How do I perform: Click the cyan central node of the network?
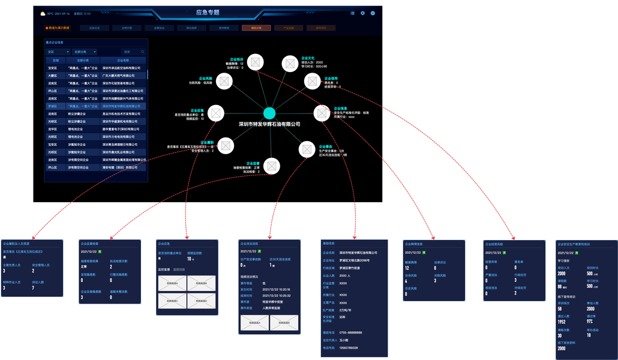269,113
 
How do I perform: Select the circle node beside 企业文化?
290,62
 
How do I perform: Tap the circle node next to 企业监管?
272,165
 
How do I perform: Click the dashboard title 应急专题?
208,12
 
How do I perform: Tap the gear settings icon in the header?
362,13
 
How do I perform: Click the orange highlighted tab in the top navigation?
252,28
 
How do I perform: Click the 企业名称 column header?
122,60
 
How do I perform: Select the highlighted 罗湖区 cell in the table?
52,106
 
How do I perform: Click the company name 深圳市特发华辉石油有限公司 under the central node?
269,124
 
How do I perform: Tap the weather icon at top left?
43,13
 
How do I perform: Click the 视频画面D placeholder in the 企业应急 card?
201,300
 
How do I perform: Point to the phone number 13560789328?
349,347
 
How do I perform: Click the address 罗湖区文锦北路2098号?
356,260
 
